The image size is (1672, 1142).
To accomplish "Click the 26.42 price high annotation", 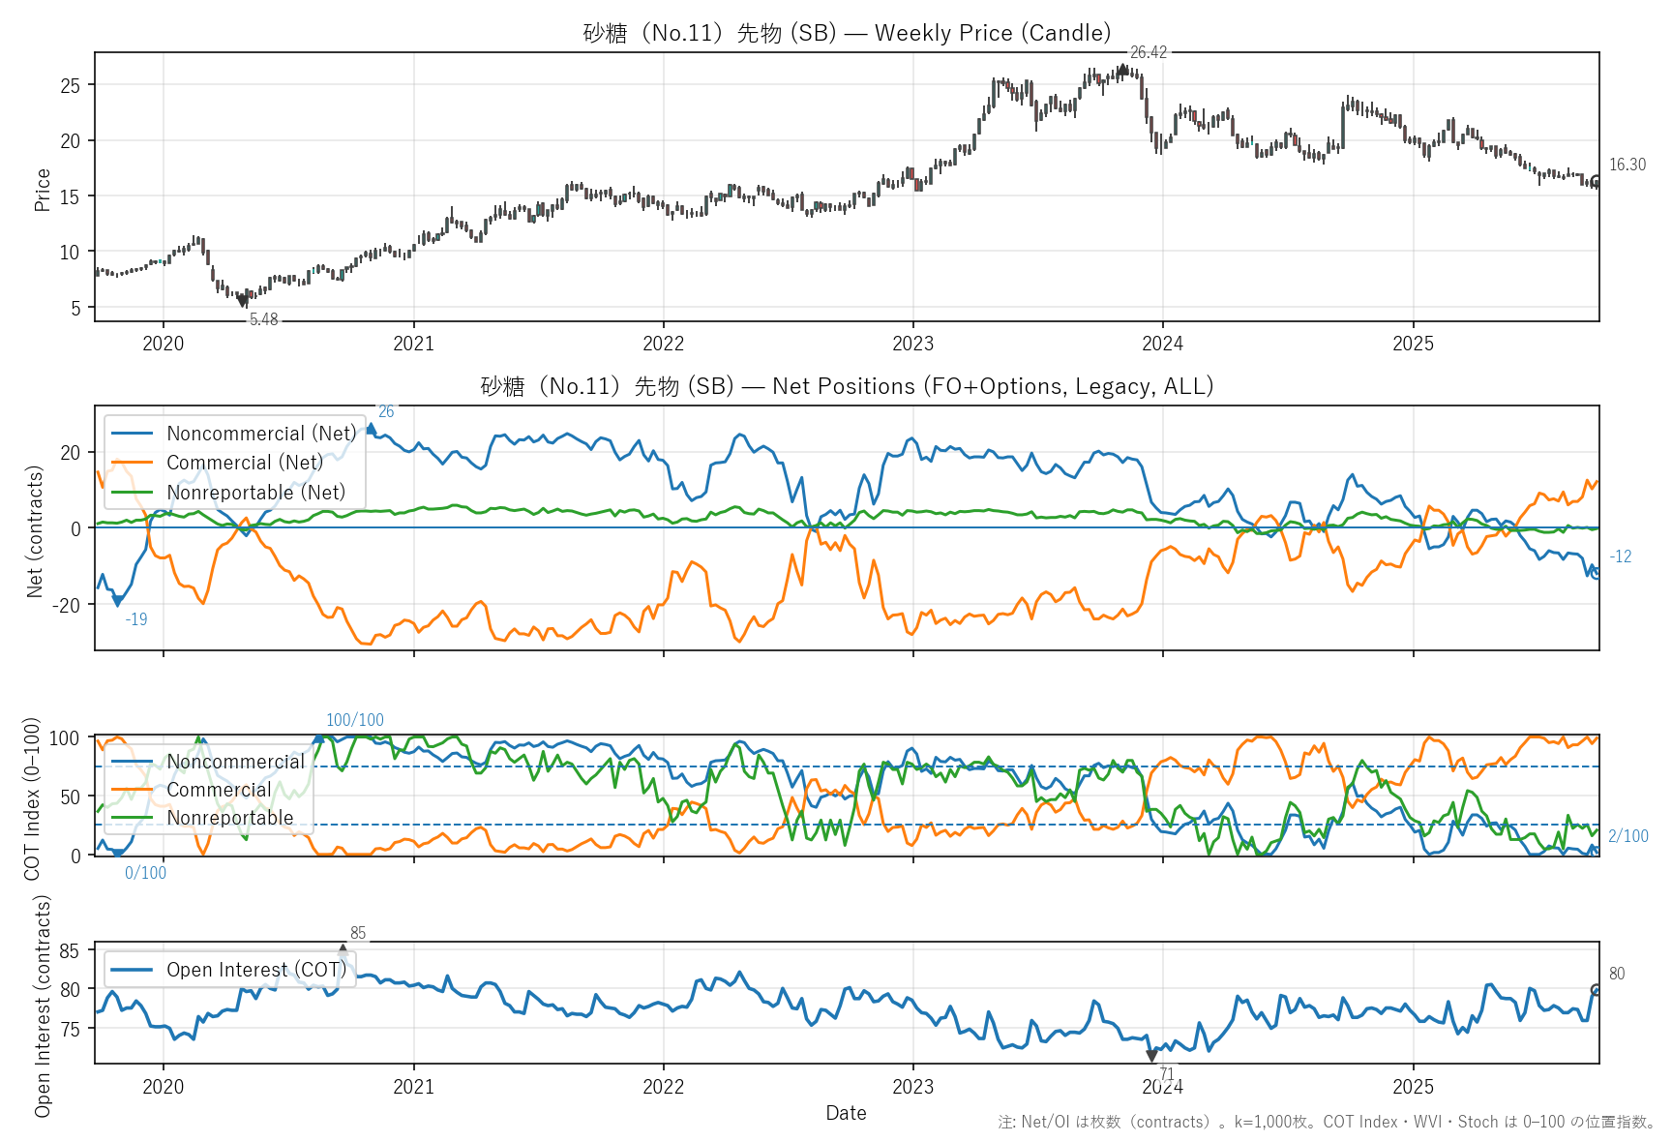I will [x=1148, y=52].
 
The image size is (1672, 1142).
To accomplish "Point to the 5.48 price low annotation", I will [x=263, y=319].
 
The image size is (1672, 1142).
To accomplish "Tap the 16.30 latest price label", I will [x=1627, y=165].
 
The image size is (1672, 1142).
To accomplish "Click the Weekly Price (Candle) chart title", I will [x=847, y=33].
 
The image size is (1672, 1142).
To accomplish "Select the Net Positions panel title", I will [x=847, y=386].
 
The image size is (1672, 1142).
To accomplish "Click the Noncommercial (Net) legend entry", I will [x=260, y=434].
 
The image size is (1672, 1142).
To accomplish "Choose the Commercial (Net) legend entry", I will [x=244, y=463].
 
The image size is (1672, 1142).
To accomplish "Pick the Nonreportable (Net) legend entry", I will [x=255, y=493].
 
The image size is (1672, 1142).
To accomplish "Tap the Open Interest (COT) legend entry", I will [x=255, y=970].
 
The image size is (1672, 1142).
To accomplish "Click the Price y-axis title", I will [x=43, y=190].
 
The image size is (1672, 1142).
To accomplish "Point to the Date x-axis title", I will [x=846, y=1113].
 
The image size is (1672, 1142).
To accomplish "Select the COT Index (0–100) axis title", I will [x=33, y=798].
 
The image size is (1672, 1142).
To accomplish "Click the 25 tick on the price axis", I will [x=71, y=85].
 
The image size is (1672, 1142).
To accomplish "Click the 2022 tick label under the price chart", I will [x=663, y=344].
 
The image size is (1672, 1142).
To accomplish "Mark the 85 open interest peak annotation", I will [x=358, y=933].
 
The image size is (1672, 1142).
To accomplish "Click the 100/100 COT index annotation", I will [x=354, y=720].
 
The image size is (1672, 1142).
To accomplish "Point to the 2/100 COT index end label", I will [x=1627, y=836].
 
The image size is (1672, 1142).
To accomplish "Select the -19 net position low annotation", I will [x=136, y=619].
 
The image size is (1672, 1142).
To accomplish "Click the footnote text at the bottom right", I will [x=1327, y=1122].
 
